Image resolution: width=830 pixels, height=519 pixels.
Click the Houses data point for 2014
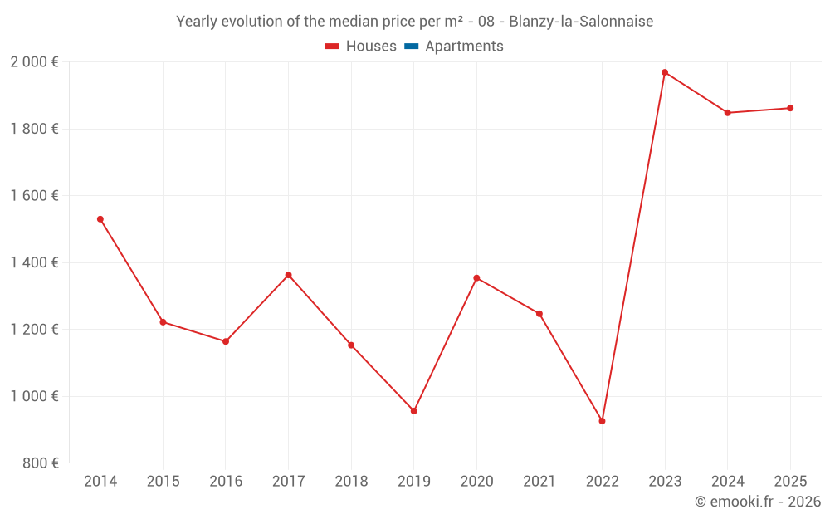point(100,219)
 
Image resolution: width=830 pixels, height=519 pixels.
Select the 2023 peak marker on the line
point(665,72)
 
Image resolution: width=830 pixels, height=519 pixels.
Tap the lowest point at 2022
point(602,421)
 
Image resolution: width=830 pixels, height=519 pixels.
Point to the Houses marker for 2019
point(414,411)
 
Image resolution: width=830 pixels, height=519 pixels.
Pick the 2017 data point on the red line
point(288,275)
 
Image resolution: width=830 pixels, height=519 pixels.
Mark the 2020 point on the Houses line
point(476,278)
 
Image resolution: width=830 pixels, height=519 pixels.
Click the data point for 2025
point(790,108)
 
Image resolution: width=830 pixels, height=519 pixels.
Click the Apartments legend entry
point(464,47)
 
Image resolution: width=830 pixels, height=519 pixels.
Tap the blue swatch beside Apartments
point(412,47)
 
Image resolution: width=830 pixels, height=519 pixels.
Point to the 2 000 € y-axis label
point(34,62)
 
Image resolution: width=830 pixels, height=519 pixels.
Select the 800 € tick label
point(41,463)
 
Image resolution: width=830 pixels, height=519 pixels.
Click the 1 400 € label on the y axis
point(34,262)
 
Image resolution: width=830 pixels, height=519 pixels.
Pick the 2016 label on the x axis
point(226,482)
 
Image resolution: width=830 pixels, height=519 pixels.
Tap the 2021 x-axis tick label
point(539,482)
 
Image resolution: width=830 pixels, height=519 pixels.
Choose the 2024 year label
point(727,482)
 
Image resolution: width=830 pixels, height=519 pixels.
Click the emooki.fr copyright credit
point(758,502)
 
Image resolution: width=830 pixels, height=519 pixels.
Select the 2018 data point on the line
point(351,345)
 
